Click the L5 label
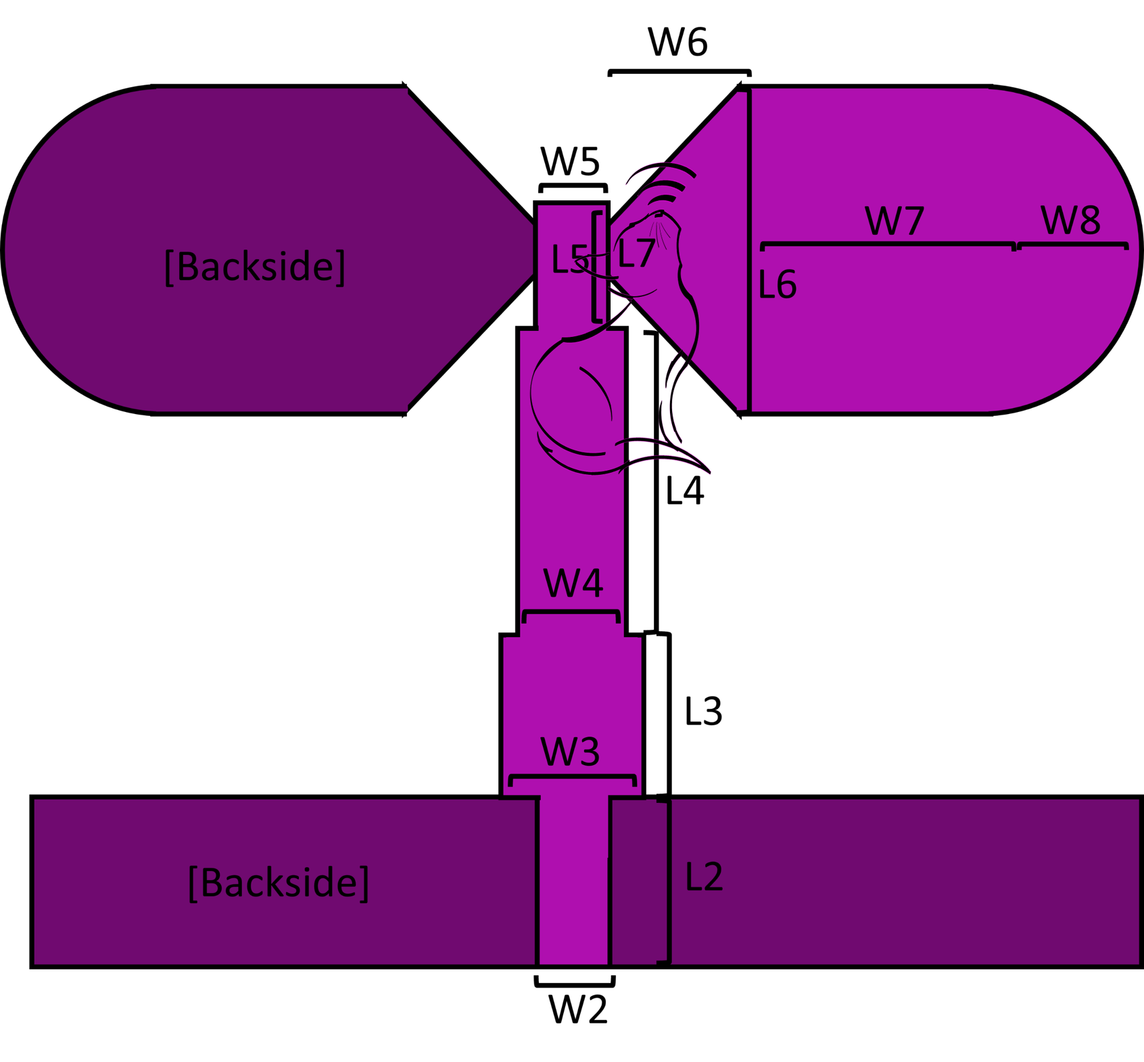[x=568, y=259]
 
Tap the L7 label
[x=636, y=254]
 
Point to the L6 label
[x=777, y=285]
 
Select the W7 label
[x=895, y=221]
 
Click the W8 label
[x=1070, y=220]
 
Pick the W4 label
[x=573, y=583]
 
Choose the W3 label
[x=570, y=752]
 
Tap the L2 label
[x=704, y=877]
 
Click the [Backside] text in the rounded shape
[x=255, y=266]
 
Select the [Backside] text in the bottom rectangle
[x=279, y=882]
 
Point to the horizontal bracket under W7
[x=888, y=244]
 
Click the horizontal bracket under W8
[x=1072, y=244]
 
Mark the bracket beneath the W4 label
[x=571, y=613]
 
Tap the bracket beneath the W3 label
[x=572, y=777]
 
